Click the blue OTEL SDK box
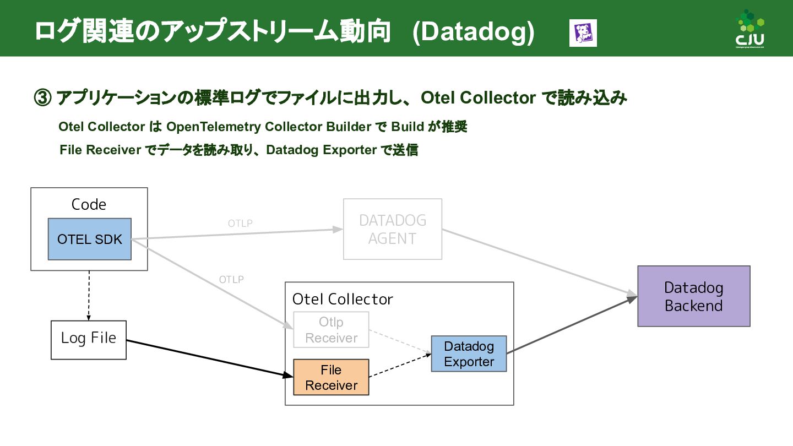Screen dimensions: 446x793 [89, 239]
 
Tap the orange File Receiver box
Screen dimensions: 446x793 [331, 378]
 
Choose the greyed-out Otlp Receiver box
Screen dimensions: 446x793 [331, 330]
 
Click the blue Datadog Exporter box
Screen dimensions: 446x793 [469, 353]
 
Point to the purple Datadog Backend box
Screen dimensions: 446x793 [693, 296]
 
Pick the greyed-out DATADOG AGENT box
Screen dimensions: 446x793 [392, 229]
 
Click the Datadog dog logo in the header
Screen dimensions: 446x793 [583, 33]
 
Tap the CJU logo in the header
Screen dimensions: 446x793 [749, 29]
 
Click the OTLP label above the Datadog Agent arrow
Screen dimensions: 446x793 [240, 224]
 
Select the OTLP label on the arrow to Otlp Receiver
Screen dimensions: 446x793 [231, 280]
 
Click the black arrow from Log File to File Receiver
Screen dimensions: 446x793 [209, 358]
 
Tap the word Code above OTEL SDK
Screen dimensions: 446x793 [89, 205]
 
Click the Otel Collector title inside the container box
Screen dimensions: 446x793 [343, 300]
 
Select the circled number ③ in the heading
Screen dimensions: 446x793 [43, 99]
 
